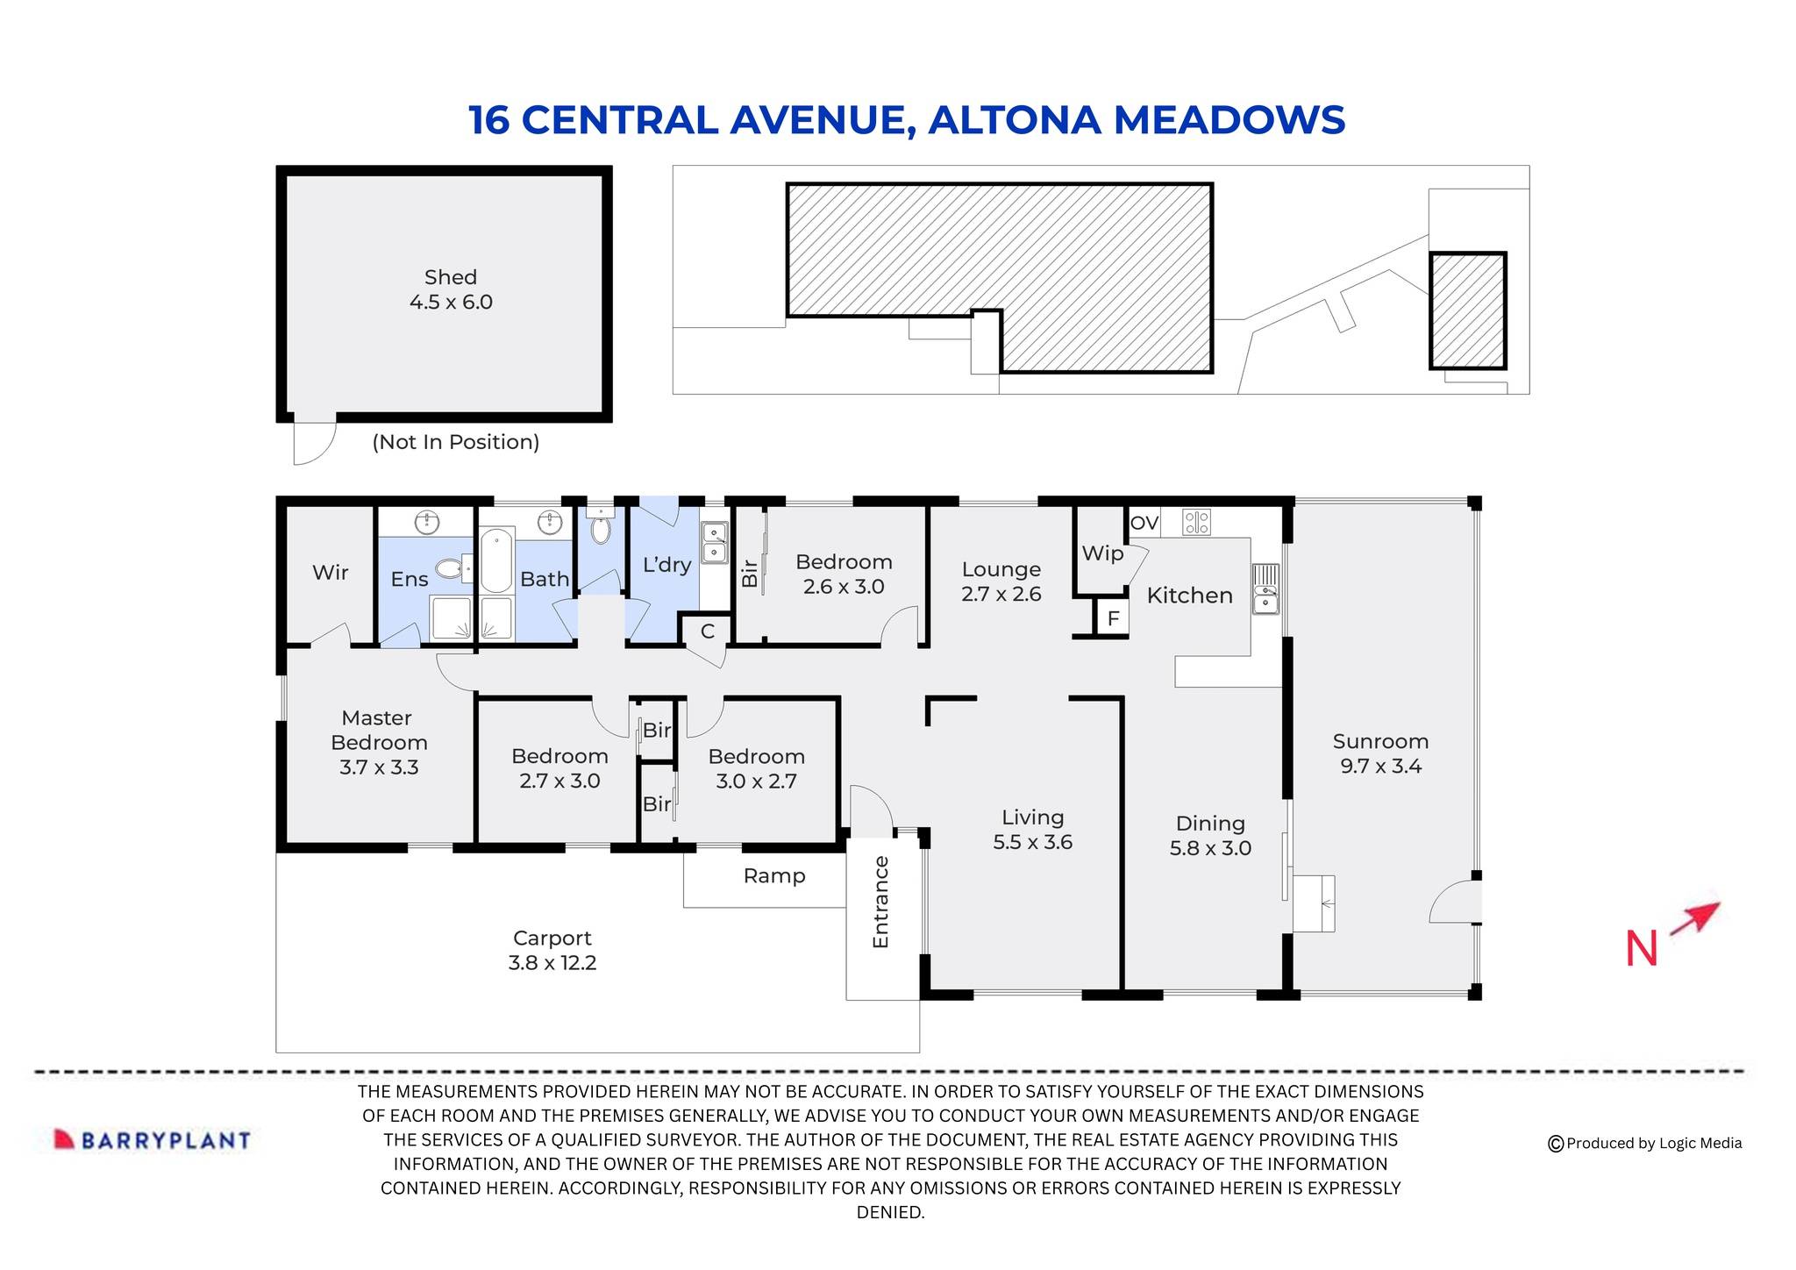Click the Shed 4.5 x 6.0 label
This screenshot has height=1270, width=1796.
coord(451,289)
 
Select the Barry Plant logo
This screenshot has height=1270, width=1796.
coord(153,1139)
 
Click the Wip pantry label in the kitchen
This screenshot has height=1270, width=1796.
coord(1101,553)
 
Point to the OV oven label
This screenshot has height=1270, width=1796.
coord(1144,524)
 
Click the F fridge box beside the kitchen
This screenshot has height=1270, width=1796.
coord(1113,618)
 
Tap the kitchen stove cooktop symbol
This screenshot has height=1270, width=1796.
coord(1196,523)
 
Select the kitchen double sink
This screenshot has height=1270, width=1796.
coord(1265,589)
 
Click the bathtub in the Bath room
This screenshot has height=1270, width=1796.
coord(496,560)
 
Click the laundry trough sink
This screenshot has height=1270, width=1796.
coord(715,542)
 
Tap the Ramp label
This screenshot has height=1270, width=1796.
coord(773,875)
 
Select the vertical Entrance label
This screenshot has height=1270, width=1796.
coord(880,902)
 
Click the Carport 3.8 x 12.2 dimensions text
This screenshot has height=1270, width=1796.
coord(552,962)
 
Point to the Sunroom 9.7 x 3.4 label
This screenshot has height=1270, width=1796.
coord(1380,753)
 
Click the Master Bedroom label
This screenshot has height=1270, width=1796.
coord(378,742)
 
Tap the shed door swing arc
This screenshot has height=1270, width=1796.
coord(314,443)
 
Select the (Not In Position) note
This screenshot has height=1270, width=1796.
coord(456,442)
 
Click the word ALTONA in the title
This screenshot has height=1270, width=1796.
coord(1014,120)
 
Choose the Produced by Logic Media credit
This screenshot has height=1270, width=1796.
coord(1645,1143)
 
